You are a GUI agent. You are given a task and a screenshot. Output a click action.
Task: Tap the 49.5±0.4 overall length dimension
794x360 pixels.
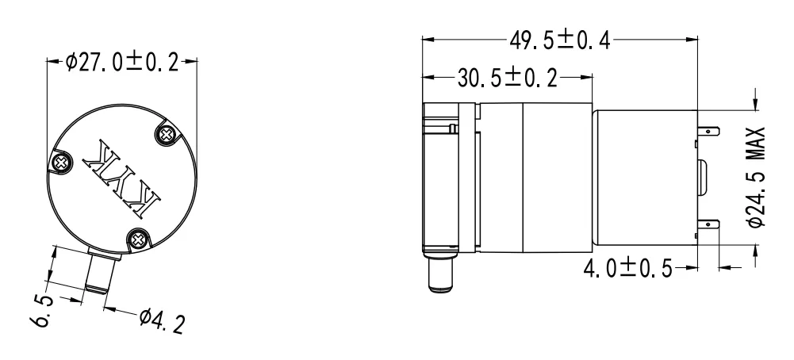click(x=560, y=40)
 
